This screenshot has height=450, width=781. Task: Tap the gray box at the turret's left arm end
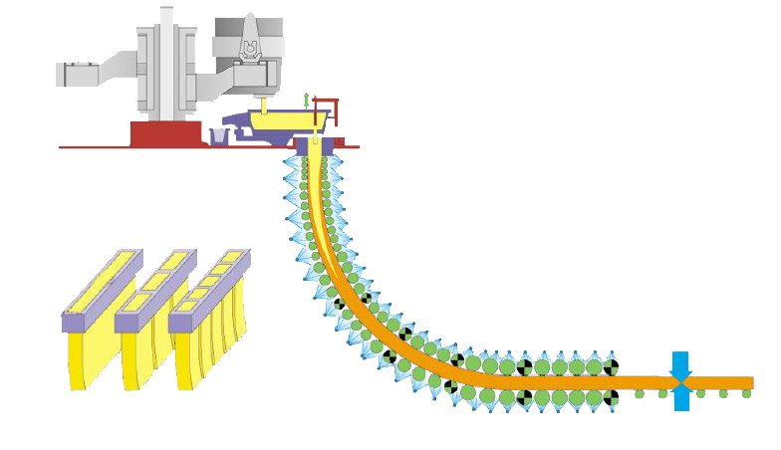[x=76, y=73]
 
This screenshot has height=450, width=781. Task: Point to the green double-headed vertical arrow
[x=307, y=100]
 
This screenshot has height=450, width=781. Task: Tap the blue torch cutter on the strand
[x=680, y=381]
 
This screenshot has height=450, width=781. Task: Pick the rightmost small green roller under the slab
[x=747, y=396]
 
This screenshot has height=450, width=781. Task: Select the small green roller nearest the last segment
[x=640, y=395]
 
